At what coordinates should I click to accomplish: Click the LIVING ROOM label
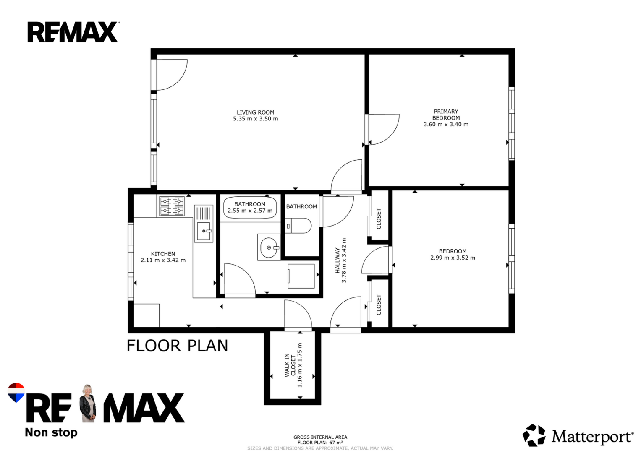(x=255, y=112)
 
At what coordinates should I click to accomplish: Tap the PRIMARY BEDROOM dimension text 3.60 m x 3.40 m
(x=446, y=125)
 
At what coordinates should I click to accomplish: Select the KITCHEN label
(x=163, y=254)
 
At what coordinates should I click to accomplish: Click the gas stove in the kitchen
(x=172, y=206)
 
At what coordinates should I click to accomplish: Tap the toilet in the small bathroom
(x=298, y=226)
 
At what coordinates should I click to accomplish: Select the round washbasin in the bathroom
(x=269, y=247)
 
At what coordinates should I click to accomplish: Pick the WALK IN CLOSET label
(x=290, y=365)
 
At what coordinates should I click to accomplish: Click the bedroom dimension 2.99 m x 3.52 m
(x=453, y=258)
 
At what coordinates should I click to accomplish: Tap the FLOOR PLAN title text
(x=177, y=346)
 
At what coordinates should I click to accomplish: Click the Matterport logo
(x=578, y=435)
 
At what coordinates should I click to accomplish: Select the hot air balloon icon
(x=16, y=392)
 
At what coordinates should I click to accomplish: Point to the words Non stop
(x=51, y=432)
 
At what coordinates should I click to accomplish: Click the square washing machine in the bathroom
(x=301, y=276)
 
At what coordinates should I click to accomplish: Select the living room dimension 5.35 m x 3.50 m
(x=255, y=119)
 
